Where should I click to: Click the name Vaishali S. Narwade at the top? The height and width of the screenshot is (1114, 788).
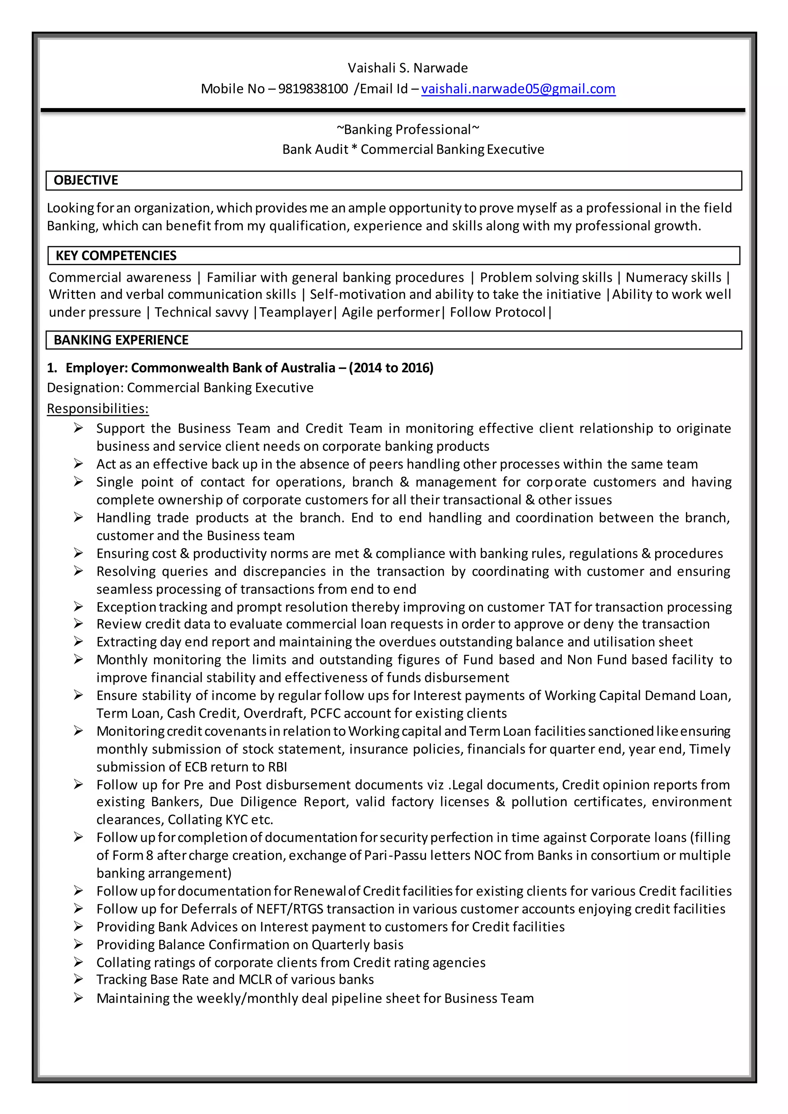[x=407, y=68]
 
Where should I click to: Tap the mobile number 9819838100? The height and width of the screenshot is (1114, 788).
[x=313, y=89]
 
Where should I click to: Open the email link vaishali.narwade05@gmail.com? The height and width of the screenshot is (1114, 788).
[x=518, y=89]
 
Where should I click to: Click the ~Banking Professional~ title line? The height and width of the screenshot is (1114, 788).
[x=407, y=130]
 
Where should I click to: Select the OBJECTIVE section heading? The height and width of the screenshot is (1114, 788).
[x=86, y=180]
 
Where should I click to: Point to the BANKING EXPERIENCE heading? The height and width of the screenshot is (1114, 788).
[x=121, y=340]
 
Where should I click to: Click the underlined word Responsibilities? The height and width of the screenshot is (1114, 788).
[x=97, y=409]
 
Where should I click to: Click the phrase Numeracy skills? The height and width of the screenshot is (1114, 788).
[x=673, y=277]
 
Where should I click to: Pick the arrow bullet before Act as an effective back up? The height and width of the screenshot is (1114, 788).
[x=78, y=464]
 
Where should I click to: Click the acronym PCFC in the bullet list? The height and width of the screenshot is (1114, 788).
[x=325, y=713]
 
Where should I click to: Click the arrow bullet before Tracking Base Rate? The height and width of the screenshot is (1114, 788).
[x=78, y=980]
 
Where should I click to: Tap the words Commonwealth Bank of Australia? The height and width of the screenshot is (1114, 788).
[x=233, y=368]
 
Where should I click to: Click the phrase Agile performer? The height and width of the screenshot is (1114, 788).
[x=391, y=312]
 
